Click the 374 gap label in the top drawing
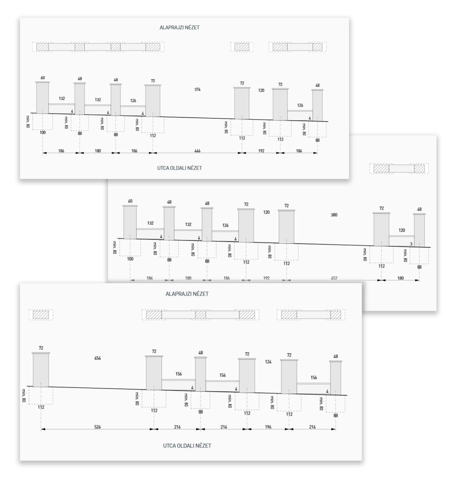(x=197, y=90)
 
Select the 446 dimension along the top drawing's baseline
(x=197, y=151)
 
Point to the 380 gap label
(x=334, y=215)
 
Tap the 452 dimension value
(x=334, y=278)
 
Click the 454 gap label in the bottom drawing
(x=97, y=358)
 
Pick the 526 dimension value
(x=97, y=427)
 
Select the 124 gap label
(x=268, y=362)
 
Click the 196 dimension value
(x=268, y=427)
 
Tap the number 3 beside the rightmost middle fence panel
(x=411, y=244)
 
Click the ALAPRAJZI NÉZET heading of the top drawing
(x=179, y=28)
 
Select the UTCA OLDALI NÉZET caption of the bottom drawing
(x=187, y=446)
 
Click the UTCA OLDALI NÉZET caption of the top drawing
(x=179, y=168)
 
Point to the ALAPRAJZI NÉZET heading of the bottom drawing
(x=187, y=294)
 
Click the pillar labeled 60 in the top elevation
(x=43, y=98)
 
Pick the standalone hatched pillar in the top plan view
(x=242, y=47)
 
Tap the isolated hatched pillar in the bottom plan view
(x=41, y=315)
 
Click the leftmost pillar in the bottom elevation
(x=41, y=370)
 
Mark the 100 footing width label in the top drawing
(x=43, y=132)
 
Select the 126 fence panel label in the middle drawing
(x=225, y=225)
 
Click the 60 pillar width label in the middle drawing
(x=130, y=201)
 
